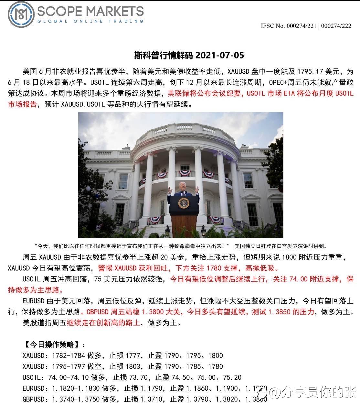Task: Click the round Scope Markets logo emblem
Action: [x=21, y=14]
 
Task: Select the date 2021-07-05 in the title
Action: [x=220, y=56]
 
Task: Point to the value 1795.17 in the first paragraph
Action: [x=311, y=71]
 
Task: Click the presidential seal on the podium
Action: [x=184, y=203]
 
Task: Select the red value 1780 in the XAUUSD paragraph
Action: [x=213, y=268]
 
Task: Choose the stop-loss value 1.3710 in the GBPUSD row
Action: [x=151, y=399]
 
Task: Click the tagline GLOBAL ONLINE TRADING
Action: [x=90, y=21]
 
